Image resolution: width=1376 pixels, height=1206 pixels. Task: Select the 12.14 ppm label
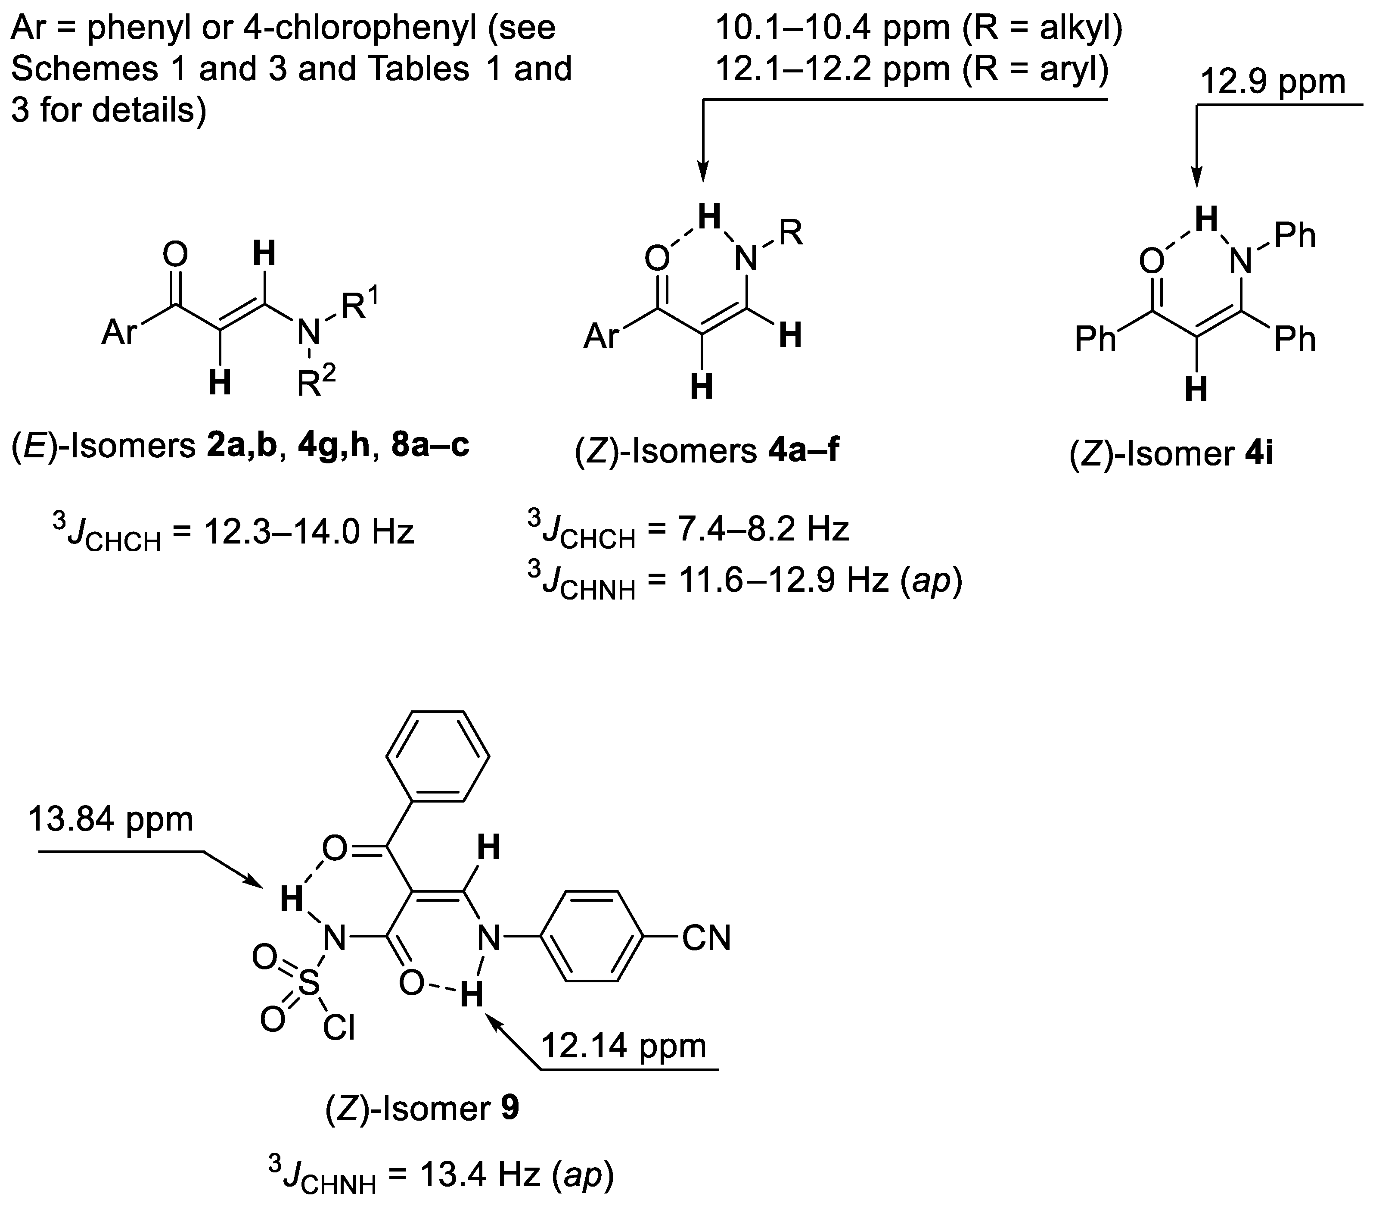[x=624, y=1045]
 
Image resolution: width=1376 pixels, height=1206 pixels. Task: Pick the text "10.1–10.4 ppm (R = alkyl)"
[x=919, y=30]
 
